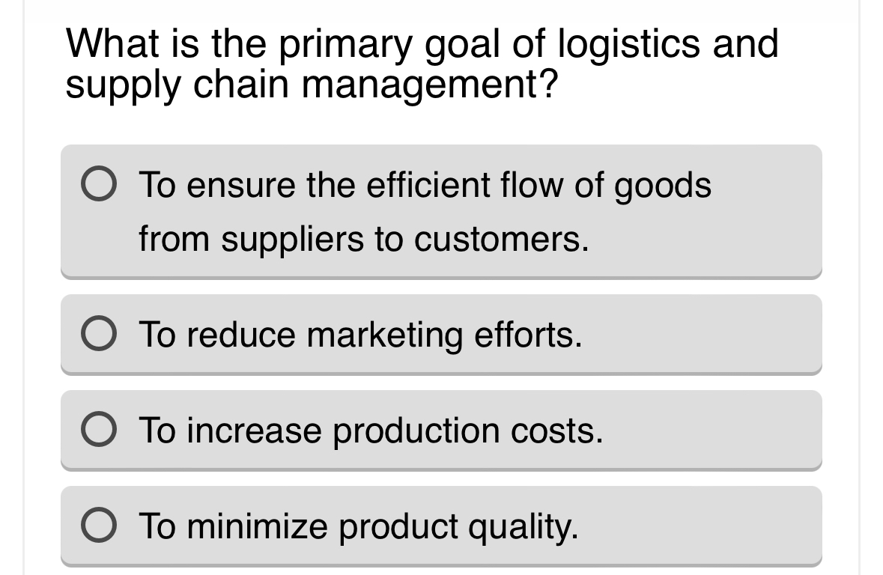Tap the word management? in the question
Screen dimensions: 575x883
pos(430,85)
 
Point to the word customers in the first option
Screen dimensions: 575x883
pos(500,240)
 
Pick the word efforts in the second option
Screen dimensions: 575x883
pos(528,335)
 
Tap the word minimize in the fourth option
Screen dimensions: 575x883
pos(257,526)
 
